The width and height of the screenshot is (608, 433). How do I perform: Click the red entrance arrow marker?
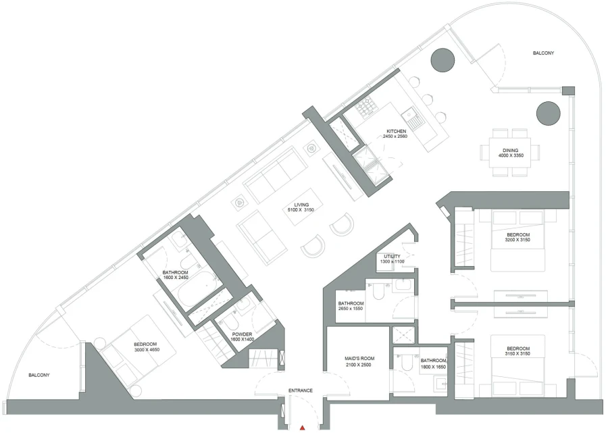tap(303, 427)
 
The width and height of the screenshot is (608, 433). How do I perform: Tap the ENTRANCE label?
tap(301, 391)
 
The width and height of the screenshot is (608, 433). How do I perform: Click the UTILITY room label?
tap(392, 257)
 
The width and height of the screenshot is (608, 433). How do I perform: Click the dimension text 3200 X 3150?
tap(517, 240)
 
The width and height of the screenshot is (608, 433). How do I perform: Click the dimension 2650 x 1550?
tap(351, 310)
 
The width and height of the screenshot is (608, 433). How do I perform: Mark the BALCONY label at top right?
tap(543, 53)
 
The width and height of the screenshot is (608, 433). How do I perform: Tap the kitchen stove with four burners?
tap(369, 105)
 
